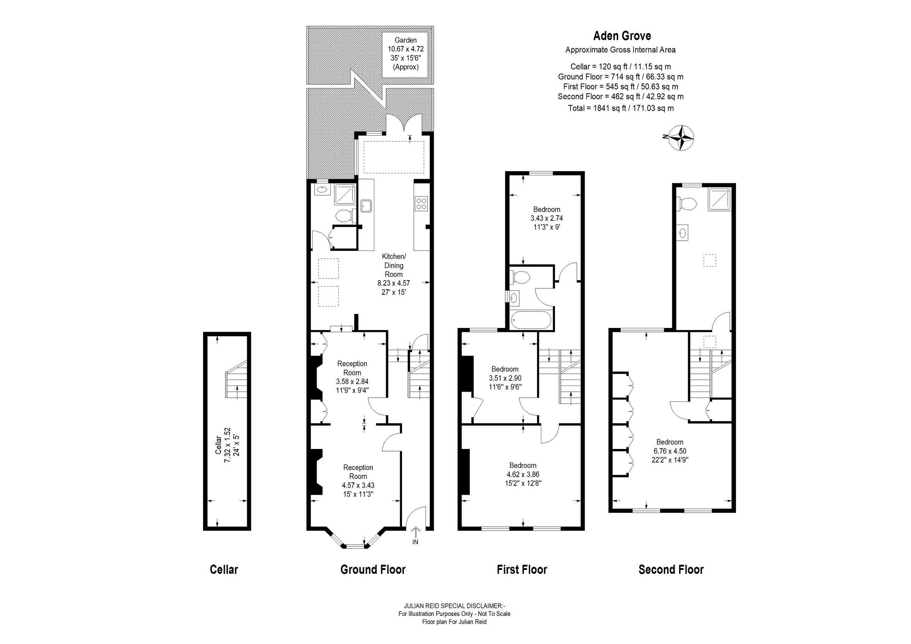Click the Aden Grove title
[622, 36]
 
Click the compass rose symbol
[681, 138]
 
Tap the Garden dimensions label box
[405, 54]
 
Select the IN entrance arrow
[415, 532]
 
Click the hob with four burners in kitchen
[421, 203]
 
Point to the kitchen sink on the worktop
[366, 206]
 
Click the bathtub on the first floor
[531, 320]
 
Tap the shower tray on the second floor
[719, 199]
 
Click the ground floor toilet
[344, 216]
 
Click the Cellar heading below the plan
[224, 569]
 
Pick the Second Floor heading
[671, 569]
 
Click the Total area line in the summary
[621, 108]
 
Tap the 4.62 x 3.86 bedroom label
[523, 474]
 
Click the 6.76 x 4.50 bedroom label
[669, 451]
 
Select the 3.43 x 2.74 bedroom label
[546, 218]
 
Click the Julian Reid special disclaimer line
[454, 606]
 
